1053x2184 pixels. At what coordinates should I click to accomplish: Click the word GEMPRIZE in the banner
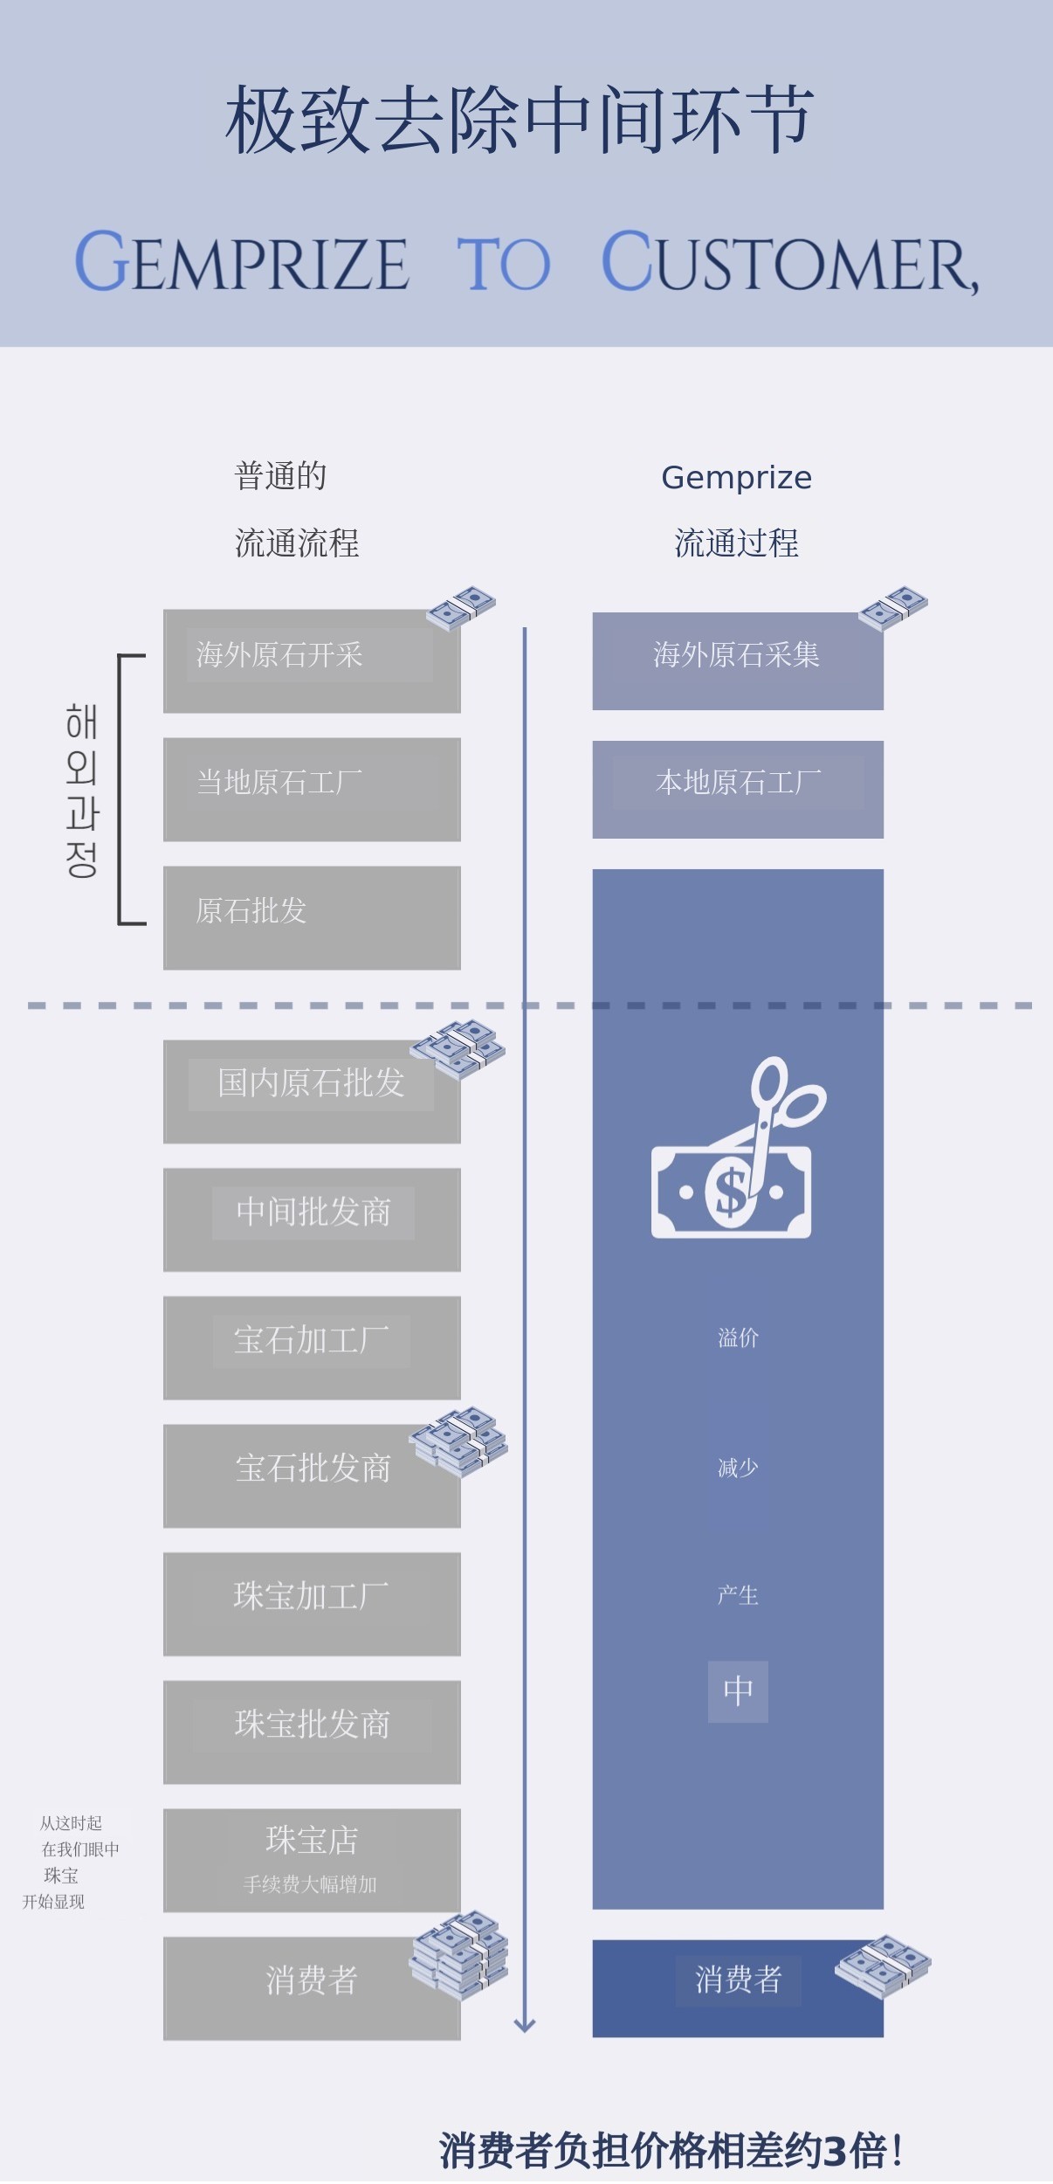tap(242, 262)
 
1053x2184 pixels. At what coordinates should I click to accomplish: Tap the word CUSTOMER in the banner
tap(789, 262)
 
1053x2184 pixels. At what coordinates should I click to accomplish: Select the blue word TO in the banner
tap(504, 263)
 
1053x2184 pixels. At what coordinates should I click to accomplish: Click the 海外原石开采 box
tap(312, 660)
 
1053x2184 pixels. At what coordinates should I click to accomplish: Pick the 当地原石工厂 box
tap(312, 789)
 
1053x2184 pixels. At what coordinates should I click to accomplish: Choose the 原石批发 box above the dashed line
tap(312, 917)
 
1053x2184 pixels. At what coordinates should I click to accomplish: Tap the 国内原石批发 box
tap(312, 1091)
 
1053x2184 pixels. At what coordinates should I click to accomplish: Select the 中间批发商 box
tap(312, 1220)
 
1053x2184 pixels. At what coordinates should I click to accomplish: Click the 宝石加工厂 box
tap(312, 1348)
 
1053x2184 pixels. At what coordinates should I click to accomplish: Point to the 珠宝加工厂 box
tap(312, 1604)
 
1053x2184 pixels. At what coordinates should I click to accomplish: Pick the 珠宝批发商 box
tap(312, 1732)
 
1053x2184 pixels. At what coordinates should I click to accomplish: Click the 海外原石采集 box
tap(738, 660)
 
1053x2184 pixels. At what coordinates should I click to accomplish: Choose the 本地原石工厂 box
tap(738, 789)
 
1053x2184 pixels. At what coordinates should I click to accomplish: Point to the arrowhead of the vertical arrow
tap(525, 2025)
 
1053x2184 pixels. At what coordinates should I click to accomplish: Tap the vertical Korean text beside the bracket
tap(81, 790)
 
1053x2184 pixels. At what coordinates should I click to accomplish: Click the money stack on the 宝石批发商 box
tap(459, 1441)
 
